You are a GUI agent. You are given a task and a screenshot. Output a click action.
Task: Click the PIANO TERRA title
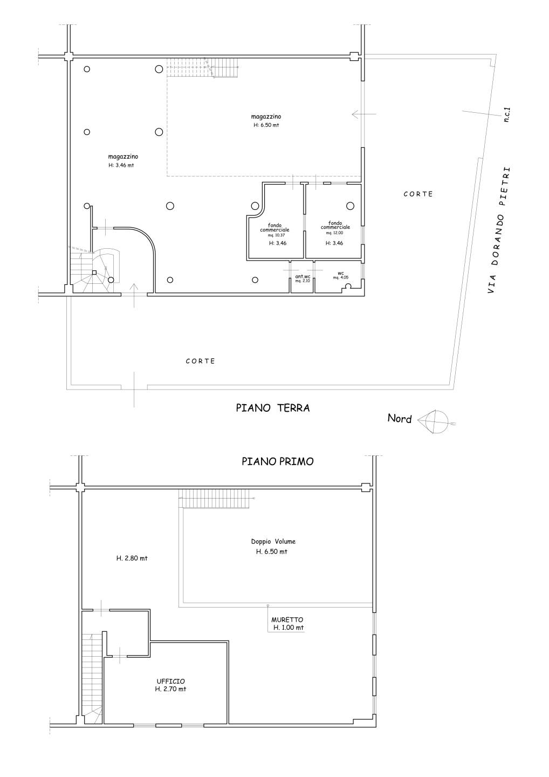pyautogui.click(x=272, y=408)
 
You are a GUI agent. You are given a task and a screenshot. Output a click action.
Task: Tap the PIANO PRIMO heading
pyautogui.click(x=278, y=461)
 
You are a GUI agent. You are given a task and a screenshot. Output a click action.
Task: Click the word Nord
pyautogui.click(x=400, y=418)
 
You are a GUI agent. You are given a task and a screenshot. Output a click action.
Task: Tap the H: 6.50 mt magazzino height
pyautogui.click(x=266, y=125)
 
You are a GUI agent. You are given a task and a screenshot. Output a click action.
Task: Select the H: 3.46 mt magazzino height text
pyautogui.click(x=121, y=165)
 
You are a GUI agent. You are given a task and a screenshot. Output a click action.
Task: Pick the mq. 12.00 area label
pyautogui.click(x=334, y=233)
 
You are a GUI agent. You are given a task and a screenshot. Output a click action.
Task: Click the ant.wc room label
pyautogui.click(x=303, y=276)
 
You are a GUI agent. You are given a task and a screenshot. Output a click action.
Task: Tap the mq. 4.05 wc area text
pyautogui.click(x=341, y=277)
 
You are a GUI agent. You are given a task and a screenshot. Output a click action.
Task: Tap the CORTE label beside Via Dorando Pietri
pyautogui.click(x=418, y=194)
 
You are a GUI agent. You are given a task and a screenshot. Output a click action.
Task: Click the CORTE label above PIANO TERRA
pyautogui.click(x=200, y=361)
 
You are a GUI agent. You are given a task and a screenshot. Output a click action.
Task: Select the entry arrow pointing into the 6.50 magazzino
pyautogui.click(x=363, y=114)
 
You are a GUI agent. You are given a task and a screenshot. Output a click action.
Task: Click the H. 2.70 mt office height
pyautogui.click(x=170, y=689)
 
